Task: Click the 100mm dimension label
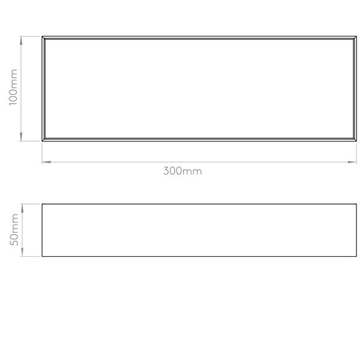tap(13, 87)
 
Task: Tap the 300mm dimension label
tap(182, 171)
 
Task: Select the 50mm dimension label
tap(14, 230)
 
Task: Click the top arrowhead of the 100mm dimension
tap(21, 40)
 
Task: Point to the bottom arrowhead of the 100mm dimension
tap(21, 137)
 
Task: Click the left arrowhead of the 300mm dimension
tap(46, 162)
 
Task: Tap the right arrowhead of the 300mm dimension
tap(352, 162)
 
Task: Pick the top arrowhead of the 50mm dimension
tap(22, 208)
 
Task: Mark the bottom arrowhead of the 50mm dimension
tap(22, 252)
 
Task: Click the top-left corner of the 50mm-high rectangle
tap(42, 204)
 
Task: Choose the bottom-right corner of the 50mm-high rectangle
tap(356, 256)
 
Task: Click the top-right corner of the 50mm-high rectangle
tap(356, 204)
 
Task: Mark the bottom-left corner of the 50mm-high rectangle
tap(42, 256)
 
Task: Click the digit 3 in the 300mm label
tap(166, 171)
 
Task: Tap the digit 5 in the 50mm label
tap(14, 242)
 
